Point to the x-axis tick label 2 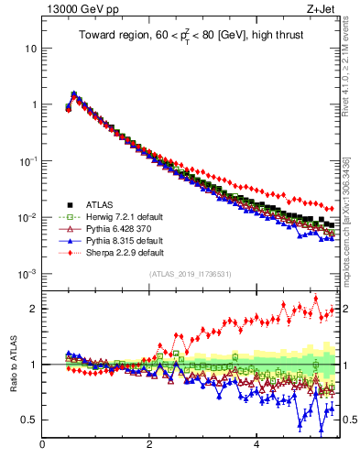pyautogui.click(x=149, y=446)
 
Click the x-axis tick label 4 pyautogui.click(x=256, y=446)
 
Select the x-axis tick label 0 pyautogui.click(x=42, y=446)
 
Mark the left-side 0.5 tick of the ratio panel pyautogui.click(x=28, y=420)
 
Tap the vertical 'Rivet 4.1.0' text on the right pyautogui.click(x=352, y=55)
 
